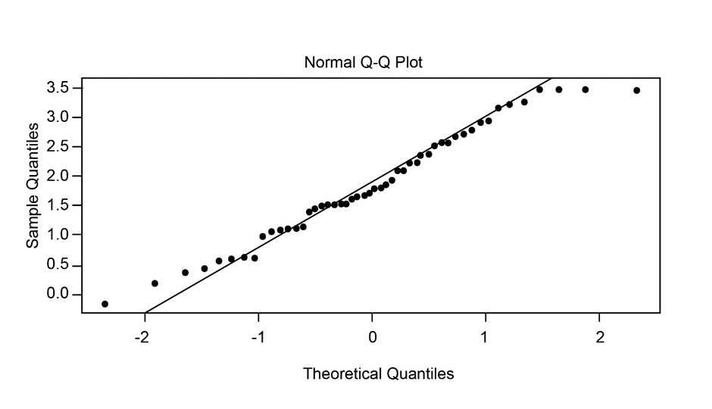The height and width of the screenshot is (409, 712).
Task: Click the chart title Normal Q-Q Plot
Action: [x=363, y=62]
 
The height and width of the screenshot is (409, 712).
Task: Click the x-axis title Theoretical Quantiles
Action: [x=379, y=373]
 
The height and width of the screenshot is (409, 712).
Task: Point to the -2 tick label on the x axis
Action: [x=142, y=336]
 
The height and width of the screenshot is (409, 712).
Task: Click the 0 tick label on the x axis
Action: [x=373, y=336]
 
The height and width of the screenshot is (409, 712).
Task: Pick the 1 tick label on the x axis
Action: [x=486, y=336]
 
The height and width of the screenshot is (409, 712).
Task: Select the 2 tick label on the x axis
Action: [x=600, y=336]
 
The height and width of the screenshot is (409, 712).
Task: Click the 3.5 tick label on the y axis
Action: [x=60, y=88]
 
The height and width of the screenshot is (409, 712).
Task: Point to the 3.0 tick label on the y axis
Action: [x=60, y=117]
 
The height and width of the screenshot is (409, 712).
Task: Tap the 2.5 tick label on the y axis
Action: [x=60, y=146]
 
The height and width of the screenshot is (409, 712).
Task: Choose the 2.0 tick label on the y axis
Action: [x=60, y=176]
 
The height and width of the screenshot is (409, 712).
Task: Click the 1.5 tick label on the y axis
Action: [x=60, y=205]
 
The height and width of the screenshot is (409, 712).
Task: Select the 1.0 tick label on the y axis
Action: [x=60, y=235]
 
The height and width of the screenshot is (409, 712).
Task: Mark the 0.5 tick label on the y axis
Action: [x=60, y=265]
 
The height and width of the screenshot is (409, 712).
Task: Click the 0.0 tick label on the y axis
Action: [x=60, y=294]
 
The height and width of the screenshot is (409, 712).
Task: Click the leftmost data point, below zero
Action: [x=105, y=304]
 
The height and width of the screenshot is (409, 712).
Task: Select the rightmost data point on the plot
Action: [x=636, y=90]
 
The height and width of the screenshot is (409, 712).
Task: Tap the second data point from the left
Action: [x=155, y=283]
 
